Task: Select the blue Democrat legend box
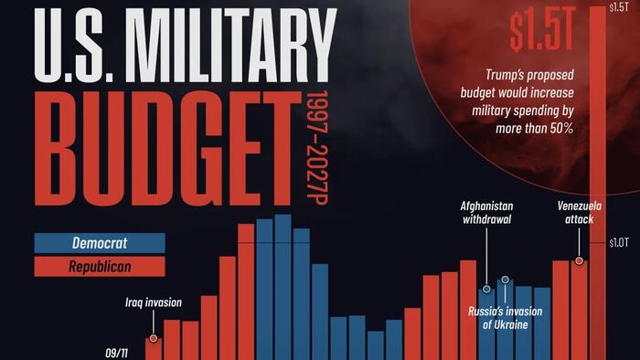[x=100, y=243]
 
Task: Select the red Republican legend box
[x=100, y=267]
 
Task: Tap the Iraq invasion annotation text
[x=154, y=302]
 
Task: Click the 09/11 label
[x=120, y=348]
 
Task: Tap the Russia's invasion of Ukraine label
[x=505, y=318]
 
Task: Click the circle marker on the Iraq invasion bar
[x=154, y=339]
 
